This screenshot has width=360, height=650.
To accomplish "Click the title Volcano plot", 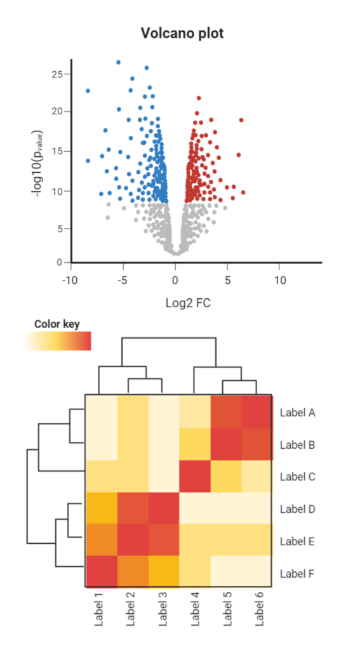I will click(x=182, y=34).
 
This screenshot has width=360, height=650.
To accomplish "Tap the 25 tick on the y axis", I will click(x=57, y=74).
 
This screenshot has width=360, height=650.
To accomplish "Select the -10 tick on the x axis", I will click(x=69, y=279).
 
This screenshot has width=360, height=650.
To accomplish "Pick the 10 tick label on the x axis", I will click(x=279, y=279).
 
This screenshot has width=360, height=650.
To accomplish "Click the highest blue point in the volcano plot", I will click(x=118, y=62).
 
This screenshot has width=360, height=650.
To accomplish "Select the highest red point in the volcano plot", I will click(x=199, y=98).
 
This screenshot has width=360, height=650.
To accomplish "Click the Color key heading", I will click(x=57, y=324).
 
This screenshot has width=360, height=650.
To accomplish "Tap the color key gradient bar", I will click(x=58, y=341).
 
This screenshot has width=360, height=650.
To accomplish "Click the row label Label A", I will click(x=298, y=412).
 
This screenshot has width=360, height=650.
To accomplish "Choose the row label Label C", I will click(x=298, y=477).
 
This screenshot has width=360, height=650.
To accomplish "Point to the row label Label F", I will click(x=298, y=574).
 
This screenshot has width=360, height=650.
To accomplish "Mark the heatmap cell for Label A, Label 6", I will click(x=257, y=411).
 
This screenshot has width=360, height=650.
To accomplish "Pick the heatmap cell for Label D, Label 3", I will click(x=164, y=508).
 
